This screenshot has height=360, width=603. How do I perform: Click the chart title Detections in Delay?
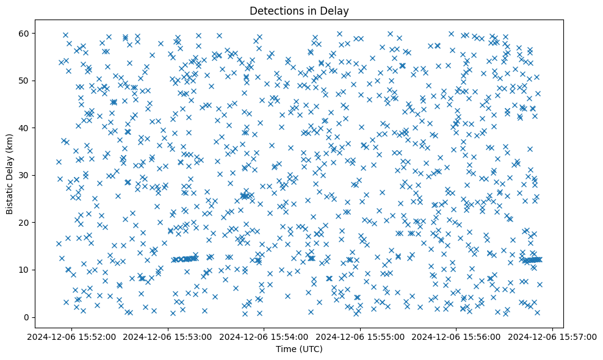[300, 10]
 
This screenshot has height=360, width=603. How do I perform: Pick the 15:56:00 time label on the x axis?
[457, 336]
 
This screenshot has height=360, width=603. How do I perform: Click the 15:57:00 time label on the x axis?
[553, 336]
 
